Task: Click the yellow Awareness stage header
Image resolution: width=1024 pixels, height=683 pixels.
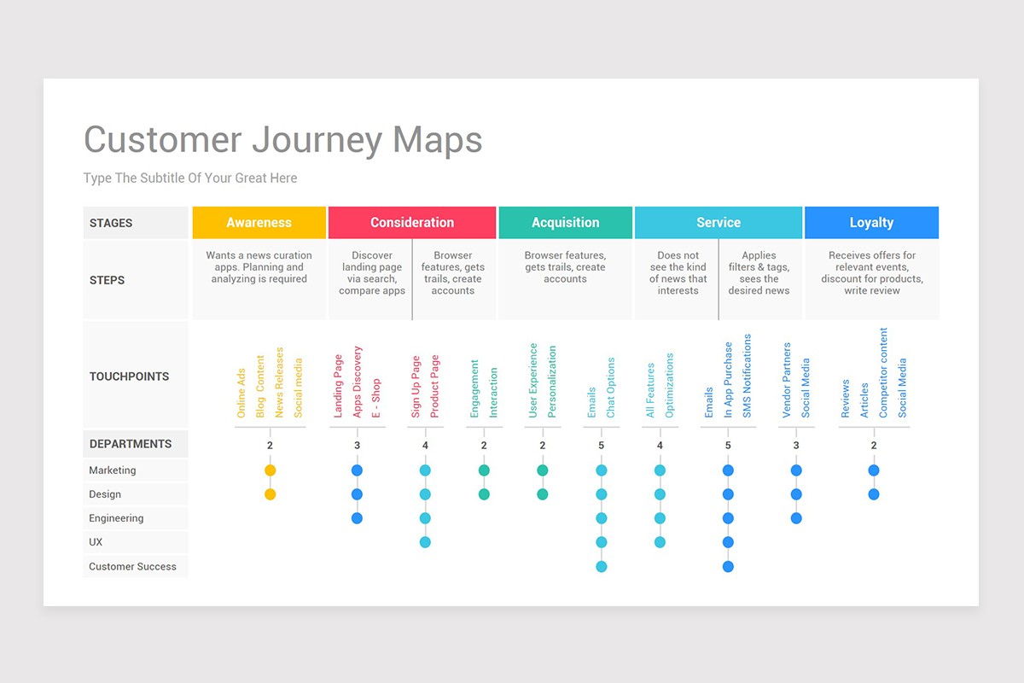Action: [x=259, y=222]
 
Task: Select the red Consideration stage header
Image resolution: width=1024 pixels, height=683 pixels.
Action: [x=412, y=222]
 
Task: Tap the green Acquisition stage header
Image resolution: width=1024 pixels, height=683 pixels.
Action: [x=566, y=222]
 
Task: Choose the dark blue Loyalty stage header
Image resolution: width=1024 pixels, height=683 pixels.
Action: [x=872, y=222]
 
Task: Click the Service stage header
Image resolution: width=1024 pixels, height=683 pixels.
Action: [x=719, y=222]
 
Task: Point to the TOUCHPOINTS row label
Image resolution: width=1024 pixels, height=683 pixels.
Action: [x=130, y=377]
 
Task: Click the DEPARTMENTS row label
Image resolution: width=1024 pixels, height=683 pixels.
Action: [x=131, y=444]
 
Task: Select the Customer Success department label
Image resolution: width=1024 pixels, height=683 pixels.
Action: [x=132, y=566]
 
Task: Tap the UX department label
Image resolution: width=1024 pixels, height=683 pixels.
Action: [x=96, y=542]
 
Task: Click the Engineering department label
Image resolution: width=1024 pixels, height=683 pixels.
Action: [x=116, y=518]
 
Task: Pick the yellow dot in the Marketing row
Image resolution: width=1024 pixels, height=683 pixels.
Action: [x=271, y=470]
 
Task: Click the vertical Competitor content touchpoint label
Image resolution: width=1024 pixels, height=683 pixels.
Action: [x=882, y=373]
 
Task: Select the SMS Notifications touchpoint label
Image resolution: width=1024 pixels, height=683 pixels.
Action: [x=747, y=376]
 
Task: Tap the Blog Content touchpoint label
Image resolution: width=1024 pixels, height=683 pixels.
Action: [x=260, y=387]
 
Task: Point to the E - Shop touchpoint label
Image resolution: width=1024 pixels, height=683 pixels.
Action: [x=375, y=398]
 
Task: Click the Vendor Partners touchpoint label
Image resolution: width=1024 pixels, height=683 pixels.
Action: [x=786, y=380]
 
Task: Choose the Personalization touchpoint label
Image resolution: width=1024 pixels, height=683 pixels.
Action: [x=552, y=382]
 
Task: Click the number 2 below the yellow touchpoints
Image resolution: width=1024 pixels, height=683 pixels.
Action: [x=271, y=445]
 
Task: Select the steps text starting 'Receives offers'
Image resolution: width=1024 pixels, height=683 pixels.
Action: [x=872, y=272]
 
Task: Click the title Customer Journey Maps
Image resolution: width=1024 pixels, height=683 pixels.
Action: [x=283, y=140]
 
